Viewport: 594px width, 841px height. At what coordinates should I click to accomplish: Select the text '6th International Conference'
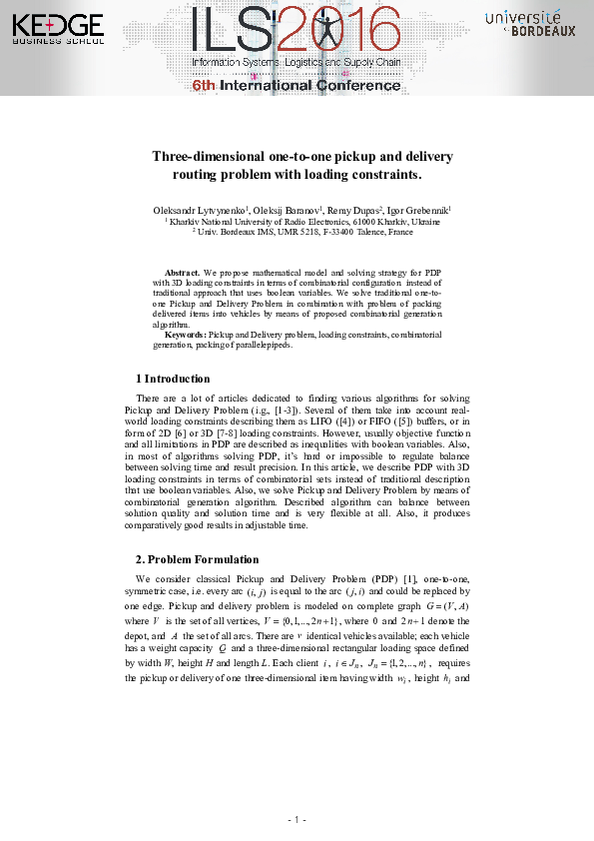point(297,86)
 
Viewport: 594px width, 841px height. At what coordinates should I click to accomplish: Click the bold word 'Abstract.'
point(183,272)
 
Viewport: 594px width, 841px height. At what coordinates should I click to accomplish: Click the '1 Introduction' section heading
point(173,379)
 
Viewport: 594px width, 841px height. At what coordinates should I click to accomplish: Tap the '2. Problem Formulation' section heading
point(197,559)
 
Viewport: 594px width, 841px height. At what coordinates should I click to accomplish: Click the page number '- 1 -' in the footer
point(297,820)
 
